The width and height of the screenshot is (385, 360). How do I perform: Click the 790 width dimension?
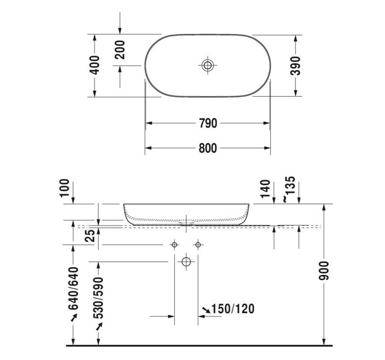pyautogui.click(x=208, y=123)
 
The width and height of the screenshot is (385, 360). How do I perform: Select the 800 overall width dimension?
pyautogui.click(x=208, y=148)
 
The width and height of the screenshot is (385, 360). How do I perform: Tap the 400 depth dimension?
pyautogui.click(x=95, y=65)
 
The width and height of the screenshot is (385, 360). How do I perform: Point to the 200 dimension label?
pyautogui.click(x=120, y=50)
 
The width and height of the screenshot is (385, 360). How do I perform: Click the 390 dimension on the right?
pyautogui.click(x=296, y=65)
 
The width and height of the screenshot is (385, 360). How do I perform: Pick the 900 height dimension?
pyautogui.click(x=325, y=271)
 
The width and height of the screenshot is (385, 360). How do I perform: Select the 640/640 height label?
pyautogui.click(x=74, y=288)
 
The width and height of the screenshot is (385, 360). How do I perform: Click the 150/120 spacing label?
pyautogui.click(x=233, y=309)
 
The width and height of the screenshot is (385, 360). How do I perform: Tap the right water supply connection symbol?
pyautogui.click(x=198, y=244)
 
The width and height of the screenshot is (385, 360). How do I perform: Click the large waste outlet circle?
pyautogui.click(x=186, y=262)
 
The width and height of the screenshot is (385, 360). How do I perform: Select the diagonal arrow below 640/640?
pyautogui.click(x=74, y=319)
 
